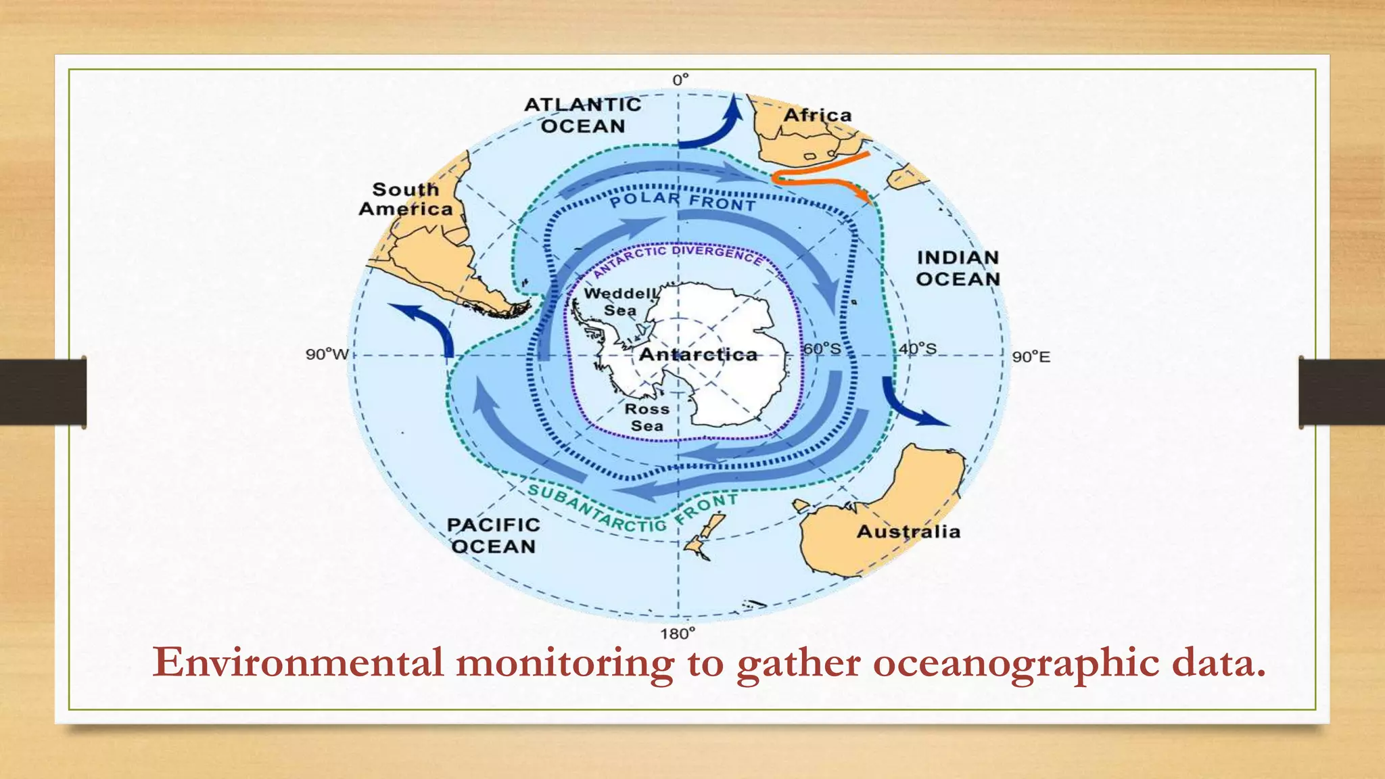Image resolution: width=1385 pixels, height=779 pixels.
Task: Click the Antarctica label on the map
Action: pyautogui.click(x=698, y=354)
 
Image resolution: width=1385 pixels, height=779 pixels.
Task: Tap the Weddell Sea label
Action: pyautogui.click(x=620, y=302)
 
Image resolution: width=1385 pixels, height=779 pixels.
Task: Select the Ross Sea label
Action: pyautogui.click(x=647, y=417)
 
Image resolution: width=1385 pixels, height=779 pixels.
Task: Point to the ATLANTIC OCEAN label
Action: pyautogui.click(x=583, y=116)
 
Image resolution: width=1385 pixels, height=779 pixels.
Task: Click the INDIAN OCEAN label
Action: pyautogui.click(x=958, y=268)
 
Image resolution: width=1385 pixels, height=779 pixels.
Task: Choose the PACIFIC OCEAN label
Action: pyautogui.click(x=493, y=536)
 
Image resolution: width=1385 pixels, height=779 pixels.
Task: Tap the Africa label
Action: pyautogui.click(x=817, y=116)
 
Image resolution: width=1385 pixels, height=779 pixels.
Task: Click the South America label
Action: pyautogui.click(x=406, y=199)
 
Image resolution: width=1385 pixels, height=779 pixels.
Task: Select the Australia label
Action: pyautogui.click(x=908, y=532)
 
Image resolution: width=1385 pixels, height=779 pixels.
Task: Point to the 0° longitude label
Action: pyautogui.click(x=680, y=80)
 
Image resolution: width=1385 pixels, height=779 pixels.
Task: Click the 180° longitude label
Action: pyautogui.click(x=678, y=634)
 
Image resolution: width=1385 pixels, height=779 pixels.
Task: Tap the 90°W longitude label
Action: pyautogui.click(x=327, y=354)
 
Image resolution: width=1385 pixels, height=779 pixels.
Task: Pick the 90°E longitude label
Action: pyautogui.click(x=1031, y=357)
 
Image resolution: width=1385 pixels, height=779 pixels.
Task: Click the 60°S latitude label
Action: pyautogui.click(x=822, y=349)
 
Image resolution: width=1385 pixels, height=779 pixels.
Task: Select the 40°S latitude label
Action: pyautogui.click(x=918, y=349)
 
